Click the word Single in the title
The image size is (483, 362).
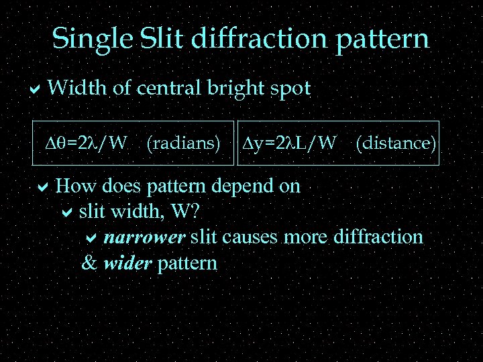pos(93,40)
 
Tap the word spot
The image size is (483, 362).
pos(291,88)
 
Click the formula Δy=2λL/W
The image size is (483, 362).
pos(288,143)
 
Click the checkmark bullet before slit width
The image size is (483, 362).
pos(66,213)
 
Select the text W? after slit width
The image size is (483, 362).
pos(186,212)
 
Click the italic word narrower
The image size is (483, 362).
pos(145,237)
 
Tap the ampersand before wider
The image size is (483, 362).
pos(89,263)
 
